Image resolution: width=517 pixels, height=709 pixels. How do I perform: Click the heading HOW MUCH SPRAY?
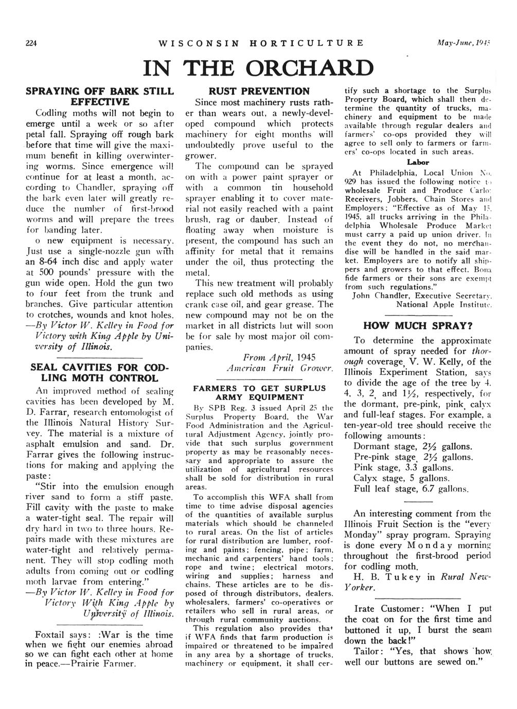[417, 326]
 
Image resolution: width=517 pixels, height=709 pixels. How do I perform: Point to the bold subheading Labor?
[418, 162]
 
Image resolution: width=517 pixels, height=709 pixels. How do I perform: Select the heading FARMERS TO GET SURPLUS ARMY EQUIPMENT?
[259, 392]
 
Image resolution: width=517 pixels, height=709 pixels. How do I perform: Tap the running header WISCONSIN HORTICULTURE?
[261, 43]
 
